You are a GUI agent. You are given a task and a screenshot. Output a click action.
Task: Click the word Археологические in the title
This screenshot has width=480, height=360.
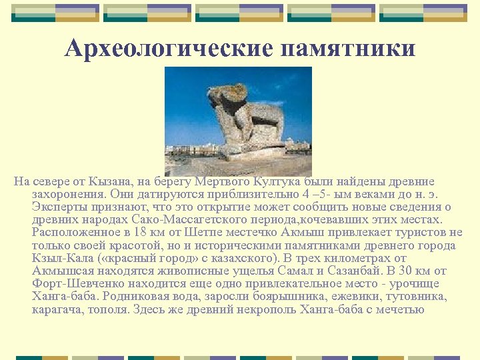169,48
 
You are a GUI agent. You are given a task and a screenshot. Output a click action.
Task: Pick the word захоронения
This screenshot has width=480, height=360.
67,194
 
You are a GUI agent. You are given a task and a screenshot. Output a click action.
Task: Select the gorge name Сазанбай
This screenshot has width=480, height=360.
352,271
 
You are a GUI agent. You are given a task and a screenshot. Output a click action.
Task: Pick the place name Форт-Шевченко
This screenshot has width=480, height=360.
75,283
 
